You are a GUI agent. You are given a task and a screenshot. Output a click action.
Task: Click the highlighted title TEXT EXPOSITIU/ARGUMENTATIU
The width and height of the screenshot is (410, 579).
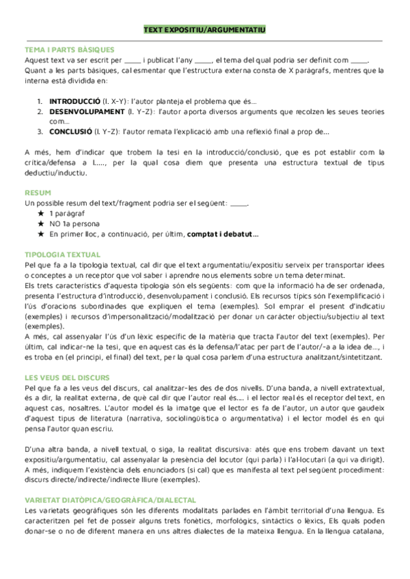point(205,31)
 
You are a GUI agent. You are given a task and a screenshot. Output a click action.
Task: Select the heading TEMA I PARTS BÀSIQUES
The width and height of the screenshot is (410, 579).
point(69,50)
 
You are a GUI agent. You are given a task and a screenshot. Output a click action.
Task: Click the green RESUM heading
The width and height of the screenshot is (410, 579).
point(38,193)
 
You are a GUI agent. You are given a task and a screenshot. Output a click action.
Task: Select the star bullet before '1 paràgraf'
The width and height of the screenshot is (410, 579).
point(42,214)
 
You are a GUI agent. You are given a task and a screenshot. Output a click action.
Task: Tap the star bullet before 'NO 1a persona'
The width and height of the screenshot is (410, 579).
point(42,224)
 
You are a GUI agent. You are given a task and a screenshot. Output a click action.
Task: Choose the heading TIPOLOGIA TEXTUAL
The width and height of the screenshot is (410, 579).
point(62,255)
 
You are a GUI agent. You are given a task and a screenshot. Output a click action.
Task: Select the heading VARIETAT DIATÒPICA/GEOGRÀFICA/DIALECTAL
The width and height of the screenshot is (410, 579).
point(110,500)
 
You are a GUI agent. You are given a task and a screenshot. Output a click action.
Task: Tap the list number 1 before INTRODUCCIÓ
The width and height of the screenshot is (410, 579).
point(40,101)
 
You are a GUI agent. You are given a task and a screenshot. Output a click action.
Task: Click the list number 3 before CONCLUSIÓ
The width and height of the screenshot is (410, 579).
point(40,132)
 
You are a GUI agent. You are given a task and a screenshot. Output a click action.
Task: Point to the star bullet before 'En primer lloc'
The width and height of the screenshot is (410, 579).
point(42,234)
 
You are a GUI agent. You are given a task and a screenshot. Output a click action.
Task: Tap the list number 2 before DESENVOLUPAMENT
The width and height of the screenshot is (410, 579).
point(40,111)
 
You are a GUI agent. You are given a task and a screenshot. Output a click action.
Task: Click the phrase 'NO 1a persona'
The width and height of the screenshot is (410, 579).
point(74,224)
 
